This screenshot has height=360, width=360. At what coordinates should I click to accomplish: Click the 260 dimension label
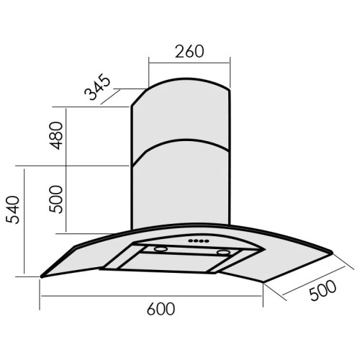[189, 51]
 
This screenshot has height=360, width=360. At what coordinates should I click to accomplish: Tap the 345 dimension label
[97, 86]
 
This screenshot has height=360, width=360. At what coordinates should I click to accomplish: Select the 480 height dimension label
[55, 135]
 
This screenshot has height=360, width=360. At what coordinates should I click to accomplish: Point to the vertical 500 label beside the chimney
[55, 199]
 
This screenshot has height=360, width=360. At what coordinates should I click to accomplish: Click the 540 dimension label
[12, 210]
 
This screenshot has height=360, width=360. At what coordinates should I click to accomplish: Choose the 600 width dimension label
[161, 309]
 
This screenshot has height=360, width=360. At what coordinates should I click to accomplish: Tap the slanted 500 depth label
[323, 290]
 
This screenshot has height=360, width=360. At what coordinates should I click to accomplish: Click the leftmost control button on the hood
[191, 240]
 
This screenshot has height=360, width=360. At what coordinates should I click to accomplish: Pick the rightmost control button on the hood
[207, 240]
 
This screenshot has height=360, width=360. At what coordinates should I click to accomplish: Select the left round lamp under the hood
[161, 249]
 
